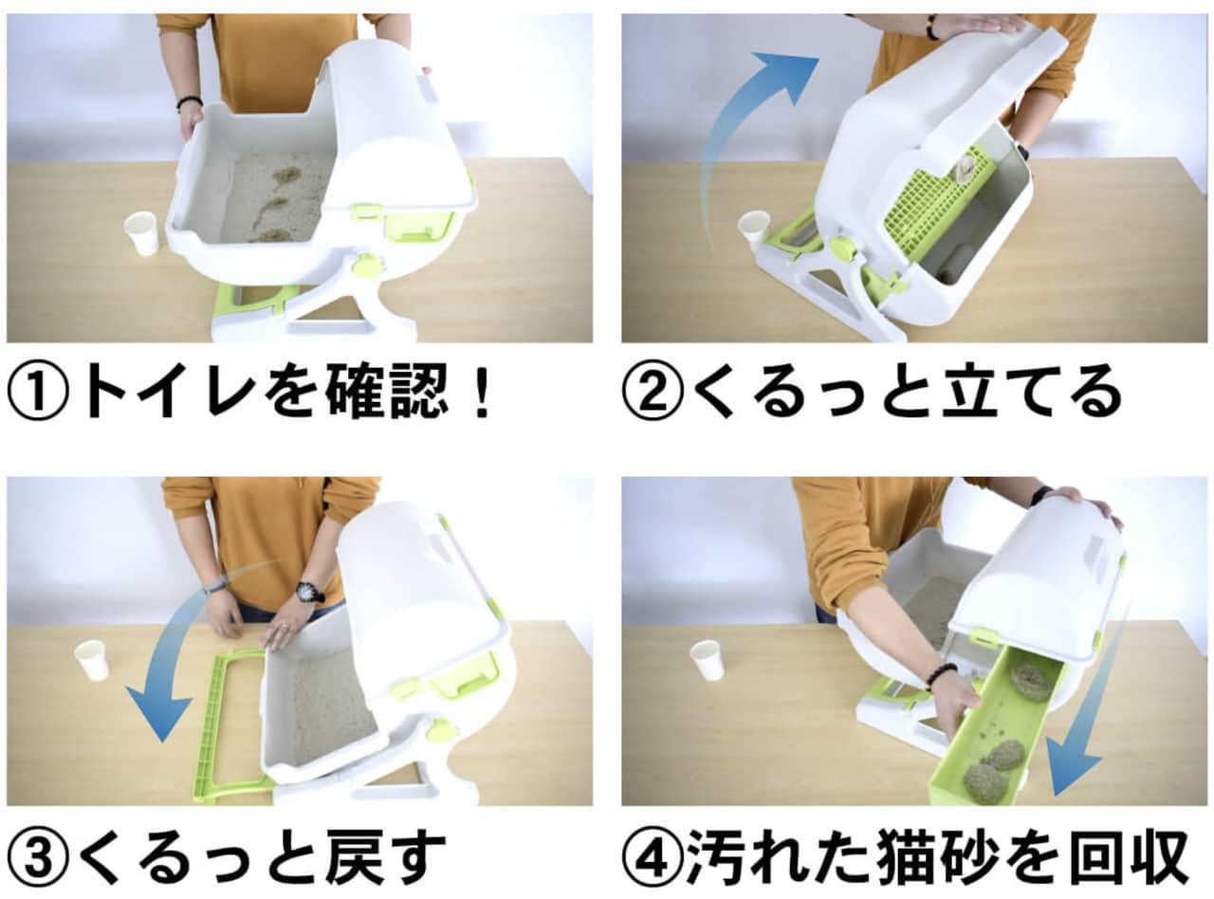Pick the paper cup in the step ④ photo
(708, 661)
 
